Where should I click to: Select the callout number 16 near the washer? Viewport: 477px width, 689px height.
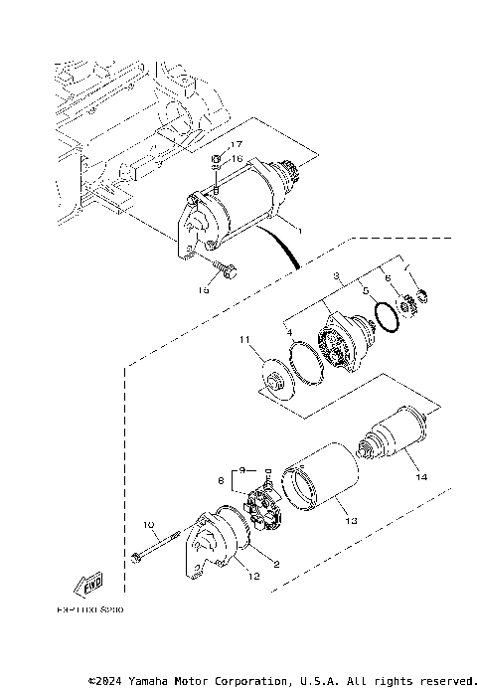[x=236, y=159]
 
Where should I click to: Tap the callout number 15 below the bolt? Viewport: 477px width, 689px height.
[x=203, y=289]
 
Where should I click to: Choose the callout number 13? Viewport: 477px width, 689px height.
[x=349, y=518]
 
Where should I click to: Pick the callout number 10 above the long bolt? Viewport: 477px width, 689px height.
[x=148, y=524]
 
